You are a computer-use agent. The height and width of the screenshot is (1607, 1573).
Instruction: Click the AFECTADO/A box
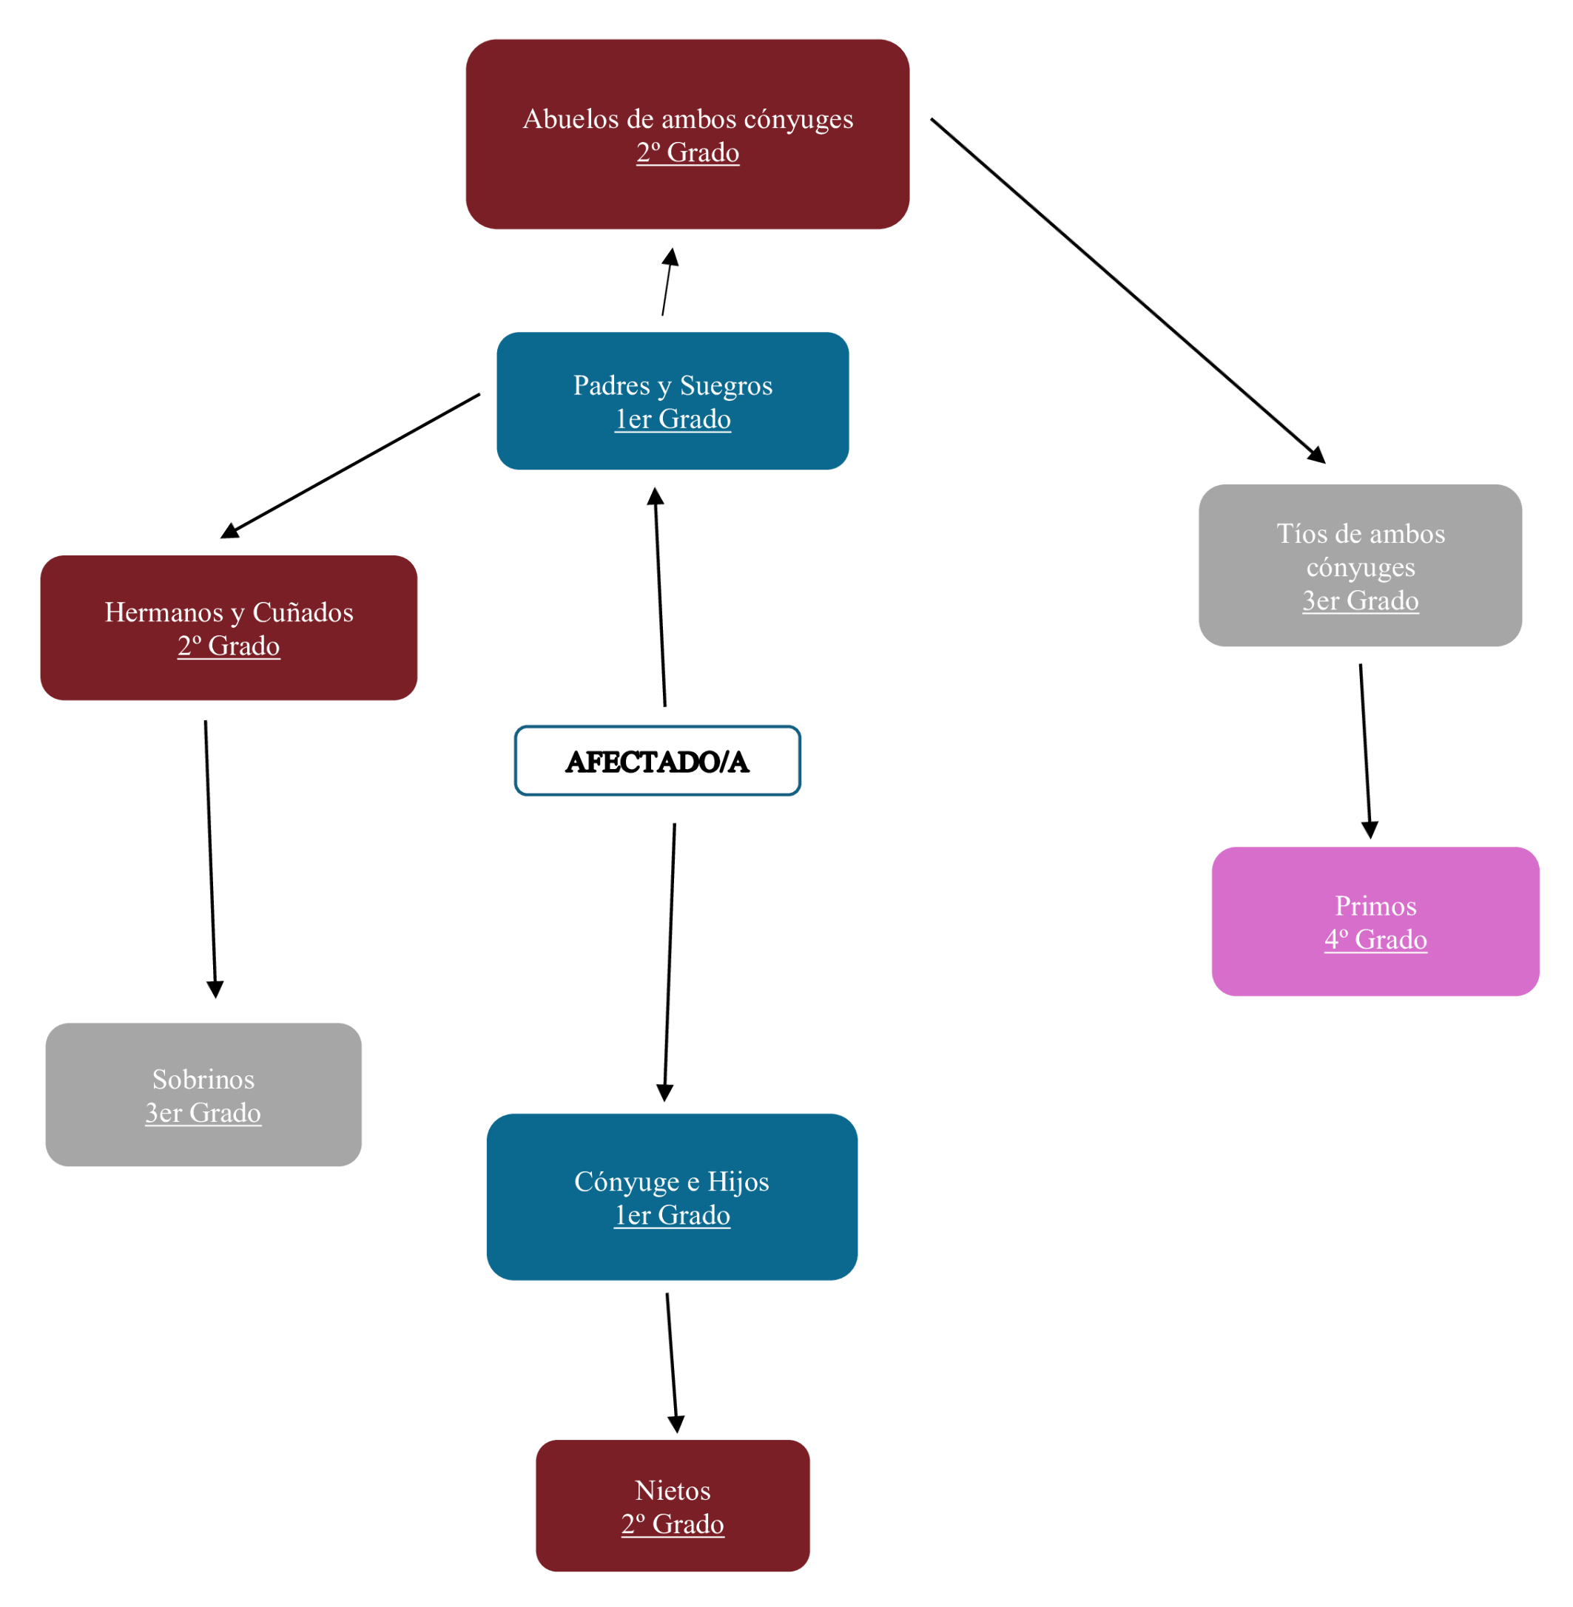[x=657, y=760]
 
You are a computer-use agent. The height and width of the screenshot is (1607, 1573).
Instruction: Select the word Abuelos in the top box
[x=570, y=119]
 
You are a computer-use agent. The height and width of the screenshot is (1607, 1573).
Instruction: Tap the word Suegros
[x=725, y=385]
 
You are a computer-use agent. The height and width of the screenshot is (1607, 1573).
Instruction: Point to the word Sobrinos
[x=203, y=1079]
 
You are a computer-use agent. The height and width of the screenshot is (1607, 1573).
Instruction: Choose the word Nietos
[x=673, y=1491]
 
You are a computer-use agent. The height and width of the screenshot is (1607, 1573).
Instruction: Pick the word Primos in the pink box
[x=1375, y=906]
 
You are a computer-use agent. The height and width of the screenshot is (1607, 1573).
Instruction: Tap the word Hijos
[x=738, y=1182]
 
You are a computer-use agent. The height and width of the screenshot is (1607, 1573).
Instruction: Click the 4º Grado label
[x=1375, y=940]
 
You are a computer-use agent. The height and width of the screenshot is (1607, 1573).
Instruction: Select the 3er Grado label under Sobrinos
[x=203, y=1113]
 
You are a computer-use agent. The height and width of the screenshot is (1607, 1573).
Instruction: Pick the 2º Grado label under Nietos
[x=673, y=1524]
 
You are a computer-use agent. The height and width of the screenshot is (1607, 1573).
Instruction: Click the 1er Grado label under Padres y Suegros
[x=673, y=419]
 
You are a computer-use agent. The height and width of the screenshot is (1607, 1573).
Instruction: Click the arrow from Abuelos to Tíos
[x=1128, y=291]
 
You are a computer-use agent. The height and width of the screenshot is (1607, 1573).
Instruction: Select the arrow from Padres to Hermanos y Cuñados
[x=351, y=466]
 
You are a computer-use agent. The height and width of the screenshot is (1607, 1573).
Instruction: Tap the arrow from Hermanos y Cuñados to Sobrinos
[x=211, y=859]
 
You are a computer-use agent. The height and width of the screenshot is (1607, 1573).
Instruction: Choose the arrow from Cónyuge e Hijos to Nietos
[x=672, y=1362]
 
